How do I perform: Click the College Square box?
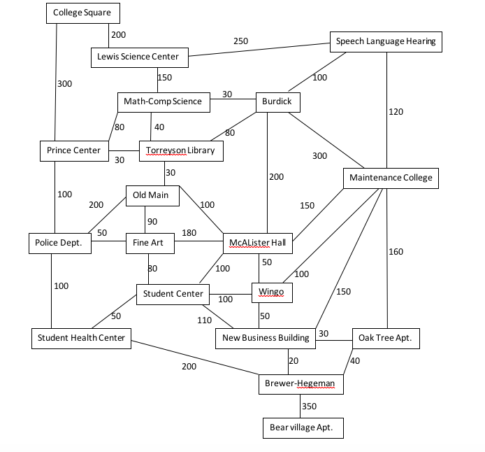point(82,13)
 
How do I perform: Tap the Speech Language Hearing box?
point(386,41)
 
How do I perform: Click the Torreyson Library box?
point(180,150)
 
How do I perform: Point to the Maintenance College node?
point(391,178)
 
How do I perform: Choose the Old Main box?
point(152,195)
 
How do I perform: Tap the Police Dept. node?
point(59,243)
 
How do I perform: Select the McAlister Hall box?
point(257,243)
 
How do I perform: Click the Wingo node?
point(271,292)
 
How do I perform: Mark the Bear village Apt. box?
point(302,427)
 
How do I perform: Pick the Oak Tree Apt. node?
point(384,338)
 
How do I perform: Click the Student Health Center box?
point(82,338)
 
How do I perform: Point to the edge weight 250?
point(240,41)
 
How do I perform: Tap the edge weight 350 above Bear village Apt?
point(308,406)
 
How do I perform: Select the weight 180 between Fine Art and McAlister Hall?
point(189,233)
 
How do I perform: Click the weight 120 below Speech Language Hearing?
point(396,112)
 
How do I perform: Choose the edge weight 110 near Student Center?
point(203,320)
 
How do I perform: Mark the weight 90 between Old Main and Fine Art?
point(152,222)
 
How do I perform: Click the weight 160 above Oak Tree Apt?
point(396,252)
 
